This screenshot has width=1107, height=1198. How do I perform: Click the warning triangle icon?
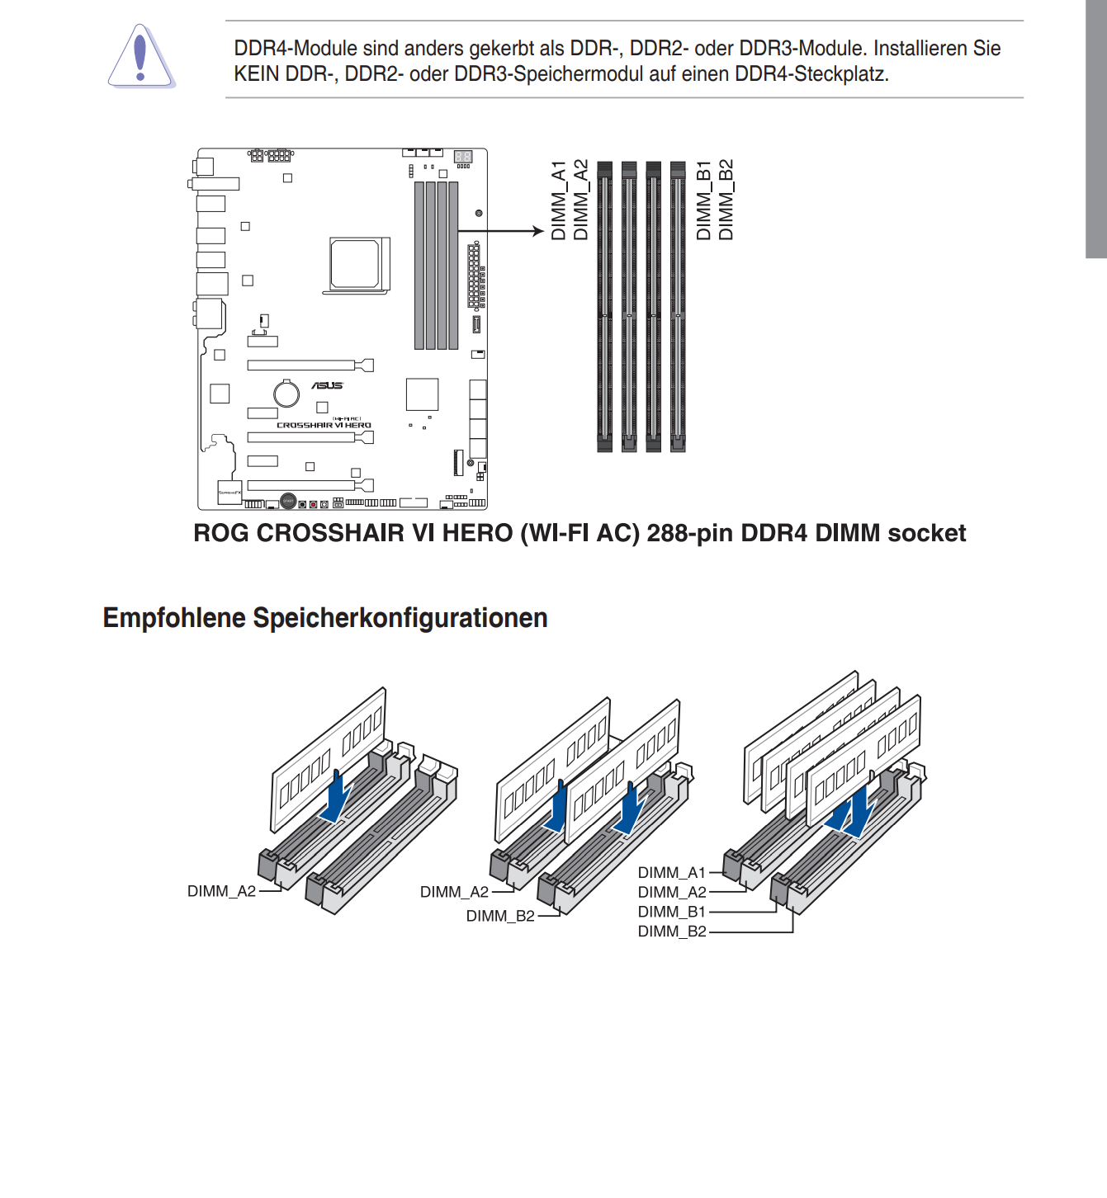coord(140,58)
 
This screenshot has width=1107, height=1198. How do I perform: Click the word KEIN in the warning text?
coord(256,74)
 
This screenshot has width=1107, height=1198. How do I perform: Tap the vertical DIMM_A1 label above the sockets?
coord(559,200)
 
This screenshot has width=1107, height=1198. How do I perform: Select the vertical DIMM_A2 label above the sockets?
coord(581,200)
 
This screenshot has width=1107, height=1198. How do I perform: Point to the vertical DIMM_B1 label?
coord(703,200)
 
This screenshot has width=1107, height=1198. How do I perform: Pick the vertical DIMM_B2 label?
coord(726,200)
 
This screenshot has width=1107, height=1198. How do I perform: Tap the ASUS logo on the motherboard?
coord(327,385)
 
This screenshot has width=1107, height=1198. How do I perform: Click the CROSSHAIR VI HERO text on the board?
coord(324,426)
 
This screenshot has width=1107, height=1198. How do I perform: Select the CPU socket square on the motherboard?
coord(355,263)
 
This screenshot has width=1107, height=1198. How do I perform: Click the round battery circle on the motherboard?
coord(286,394)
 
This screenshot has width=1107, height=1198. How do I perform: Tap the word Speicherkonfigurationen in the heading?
coord(400,618)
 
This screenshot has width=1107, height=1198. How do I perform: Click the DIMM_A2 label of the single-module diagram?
coord(221,891)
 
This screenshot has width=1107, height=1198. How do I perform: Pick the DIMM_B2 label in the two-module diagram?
coord(500,916)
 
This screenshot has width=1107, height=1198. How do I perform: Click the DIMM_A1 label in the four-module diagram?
coord(672,873)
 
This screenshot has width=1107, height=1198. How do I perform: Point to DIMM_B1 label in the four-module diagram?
coord(672,912)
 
